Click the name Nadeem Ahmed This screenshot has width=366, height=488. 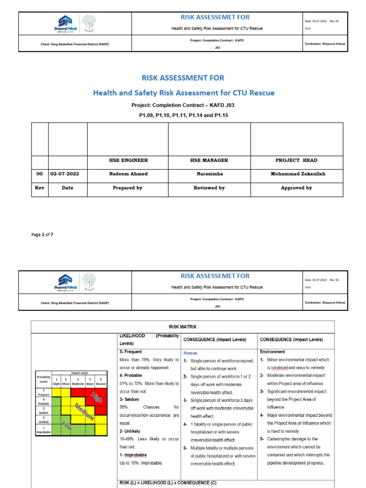pyautogui.click(x=128, y=174)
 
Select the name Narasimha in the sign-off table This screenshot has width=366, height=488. pyautogui.click(x=209, y=174)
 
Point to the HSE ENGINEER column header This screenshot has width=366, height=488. pyautogui.click(x=128, y=161)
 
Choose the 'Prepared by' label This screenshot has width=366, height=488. pyautogui.click(x=128, y=188)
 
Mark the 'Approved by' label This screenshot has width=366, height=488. pyautogui.click(x=296, y=188)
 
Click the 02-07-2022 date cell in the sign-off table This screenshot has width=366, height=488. pyautogui.click(x=68, y=174)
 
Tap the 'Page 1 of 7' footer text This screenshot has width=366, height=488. pyautogui.click(x=42, y=234)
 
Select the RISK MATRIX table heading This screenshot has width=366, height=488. pyautogui.click(x=183, y=327)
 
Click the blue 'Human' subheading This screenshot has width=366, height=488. pyautogui.click(x=190, y=353)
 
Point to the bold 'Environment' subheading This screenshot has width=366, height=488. pyautogui.click(x=273, y=352)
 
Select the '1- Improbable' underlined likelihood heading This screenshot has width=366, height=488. pyautogui.click(x=133, y=455)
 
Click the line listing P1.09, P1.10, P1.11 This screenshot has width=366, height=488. pyautogui.click(x=183, y=115)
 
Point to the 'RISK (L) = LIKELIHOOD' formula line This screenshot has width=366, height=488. pyautogui.click(x=164, y=483)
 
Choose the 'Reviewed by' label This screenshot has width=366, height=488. pyautogui.click(x=209, y=188)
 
